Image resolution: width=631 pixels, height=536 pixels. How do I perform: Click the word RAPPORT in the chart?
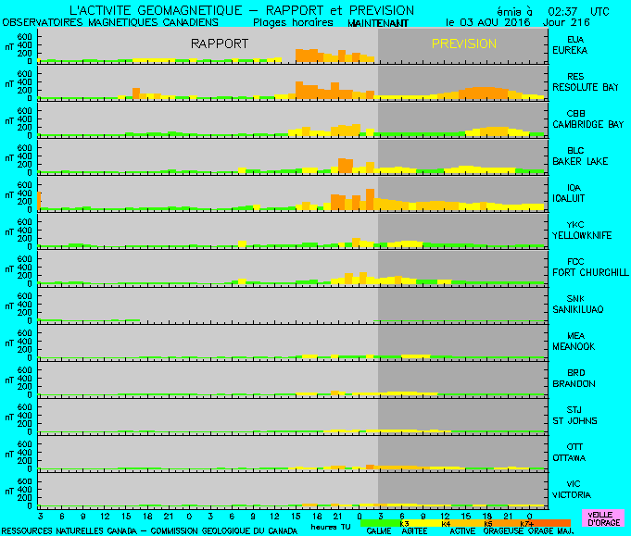pyautogui.click(x=220, y=44)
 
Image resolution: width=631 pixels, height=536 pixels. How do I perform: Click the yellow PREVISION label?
pyautogui.click(x=464, y=44)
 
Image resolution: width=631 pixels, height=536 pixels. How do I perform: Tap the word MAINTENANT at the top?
pyautogui.click(x=377, y=20)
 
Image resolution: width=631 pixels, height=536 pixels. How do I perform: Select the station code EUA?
pyautogui.click(x=575, y=39)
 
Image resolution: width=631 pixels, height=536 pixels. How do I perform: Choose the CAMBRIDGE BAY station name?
pyautogui.click(x=588, y=124)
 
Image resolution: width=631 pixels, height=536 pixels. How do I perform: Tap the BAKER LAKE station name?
pyautogui.click(x=581, y=161)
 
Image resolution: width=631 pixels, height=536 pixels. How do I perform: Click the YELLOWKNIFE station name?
pyautogui.click(x=582, y=235)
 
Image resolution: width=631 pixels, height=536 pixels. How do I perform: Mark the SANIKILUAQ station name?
pyautogui.click(x=581, y=309)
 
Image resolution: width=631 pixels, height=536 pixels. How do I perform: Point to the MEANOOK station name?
pyautogui.click(x=575, y=346)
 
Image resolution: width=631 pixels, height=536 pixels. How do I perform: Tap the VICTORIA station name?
pyautogui.click(x=575, y=494)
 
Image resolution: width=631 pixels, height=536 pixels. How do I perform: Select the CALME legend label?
pyautogui.click(x=377, y=531)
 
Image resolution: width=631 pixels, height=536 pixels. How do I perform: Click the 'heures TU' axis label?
pyautogui.click(x=331, y=527)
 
